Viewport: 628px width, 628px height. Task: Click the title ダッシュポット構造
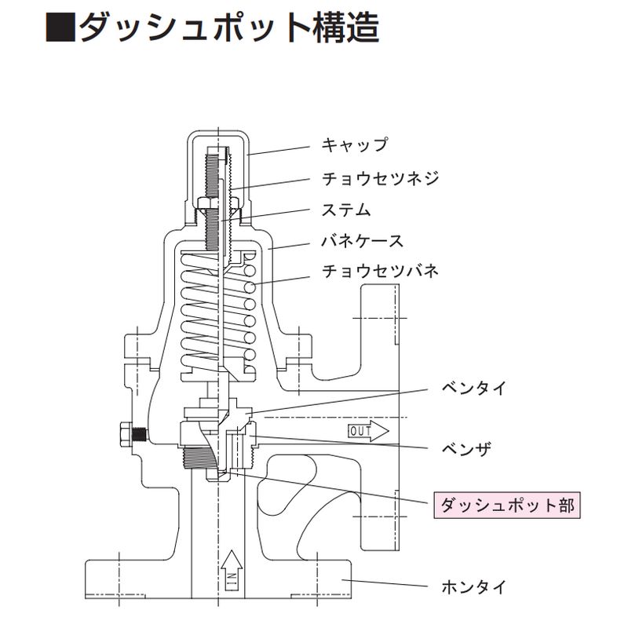coord(228,29)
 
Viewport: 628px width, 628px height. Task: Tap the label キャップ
coord(354,144)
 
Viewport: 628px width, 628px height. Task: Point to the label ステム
coord(346,210)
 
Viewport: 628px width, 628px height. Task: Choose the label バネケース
coord(363,240)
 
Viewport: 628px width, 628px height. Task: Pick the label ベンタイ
coord(475,388)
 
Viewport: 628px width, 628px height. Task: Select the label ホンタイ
coord(475,586)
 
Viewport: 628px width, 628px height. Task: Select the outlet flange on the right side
coord(378,416)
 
